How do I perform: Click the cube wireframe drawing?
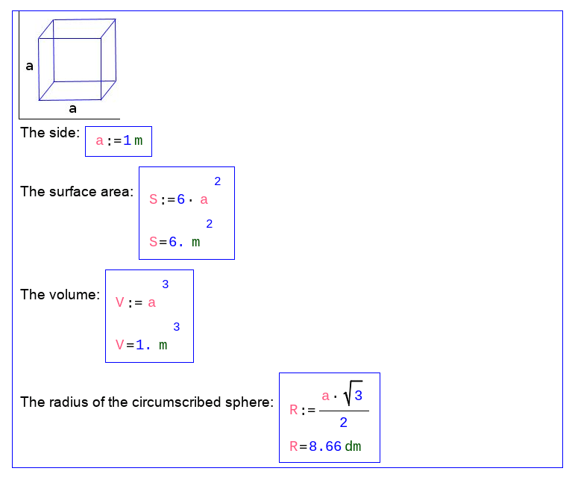pyautogui.click(x=78, y=60)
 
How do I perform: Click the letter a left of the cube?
pyautogui.click(x=30, y=66)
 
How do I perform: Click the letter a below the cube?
pyautogui.click(x=72, y=109)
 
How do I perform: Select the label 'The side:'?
pyautogui.click(x=50, y=133)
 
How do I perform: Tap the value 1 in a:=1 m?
pyautogui.click(x=127, y=141)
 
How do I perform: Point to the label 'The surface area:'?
pyautogui.click(x=77, y=192)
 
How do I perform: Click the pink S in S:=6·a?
pyautogui.click(x=154, y=200)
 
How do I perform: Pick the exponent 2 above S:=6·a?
pyautogui.click(x=218, y=181)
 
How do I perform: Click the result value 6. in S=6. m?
pyautogui.click(x=176, y=242)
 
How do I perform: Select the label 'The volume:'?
pyautogui.click(x=60, y=295)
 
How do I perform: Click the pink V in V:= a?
pyautogui.click(x=119, y=303)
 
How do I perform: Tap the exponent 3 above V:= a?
pyautogui.click(x=166, y=284)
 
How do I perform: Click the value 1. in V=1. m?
pyautogui.click(x=143, y=345)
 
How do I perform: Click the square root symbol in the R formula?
pyautogui.click(x=348, y=394)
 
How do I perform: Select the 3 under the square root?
pyautogui.click(x=359, y=395)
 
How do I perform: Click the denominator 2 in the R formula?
pyautogui.click(x=343, y=423)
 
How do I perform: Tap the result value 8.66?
pyautogui.click(x=325, y=447)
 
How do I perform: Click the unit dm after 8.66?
pyautogui.click(x=353, y=447)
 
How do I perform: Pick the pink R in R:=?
pyautogui.click(x=294, y=410)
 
